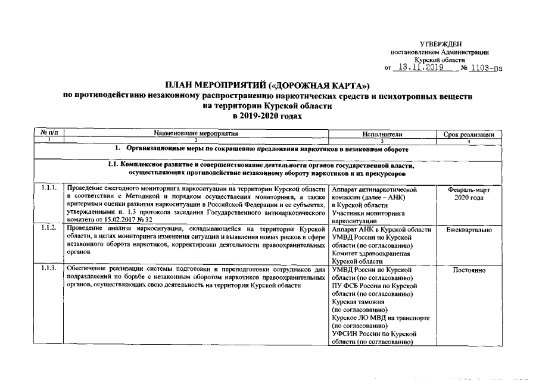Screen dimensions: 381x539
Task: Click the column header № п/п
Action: pyautogui.click(x=51, y=134)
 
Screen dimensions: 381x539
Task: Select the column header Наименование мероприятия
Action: pyautogui.click(x=195, y=134)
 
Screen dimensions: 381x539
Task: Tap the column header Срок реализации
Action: pyautogui.click(x=469, y=135)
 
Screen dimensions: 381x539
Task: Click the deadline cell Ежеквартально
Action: pyautogui.click(x=469, y=229)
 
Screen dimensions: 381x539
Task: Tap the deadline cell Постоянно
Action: pyautogui.click(x=469, y=270)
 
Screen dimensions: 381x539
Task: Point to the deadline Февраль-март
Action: pyautogui.click(x=469, y=189)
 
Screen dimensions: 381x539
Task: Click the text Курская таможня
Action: pyautogui.click(x=358, y=302)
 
